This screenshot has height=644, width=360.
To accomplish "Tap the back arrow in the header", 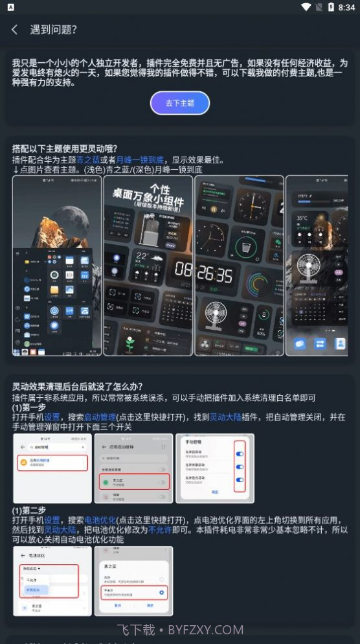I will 14,30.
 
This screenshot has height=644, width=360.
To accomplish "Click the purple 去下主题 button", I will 180,103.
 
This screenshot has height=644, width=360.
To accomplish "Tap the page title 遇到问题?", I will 54,30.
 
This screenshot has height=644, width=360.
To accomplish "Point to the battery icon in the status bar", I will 330,7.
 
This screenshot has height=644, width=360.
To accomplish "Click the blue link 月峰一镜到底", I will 141,159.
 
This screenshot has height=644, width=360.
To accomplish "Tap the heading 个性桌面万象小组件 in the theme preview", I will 148,194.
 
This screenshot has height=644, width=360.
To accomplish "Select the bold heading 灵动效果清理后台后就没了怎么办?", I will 77,387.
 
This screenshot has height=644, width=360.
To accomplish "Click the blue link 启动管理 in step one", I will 100,417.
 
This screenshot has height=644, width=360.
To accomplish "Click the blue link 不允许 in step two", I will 160,529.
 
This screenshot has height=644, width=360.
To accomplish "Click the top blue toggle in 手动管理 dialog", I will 240,454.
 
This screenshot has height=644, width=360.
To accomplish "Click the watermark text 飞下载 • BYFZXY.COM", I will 180,629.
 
